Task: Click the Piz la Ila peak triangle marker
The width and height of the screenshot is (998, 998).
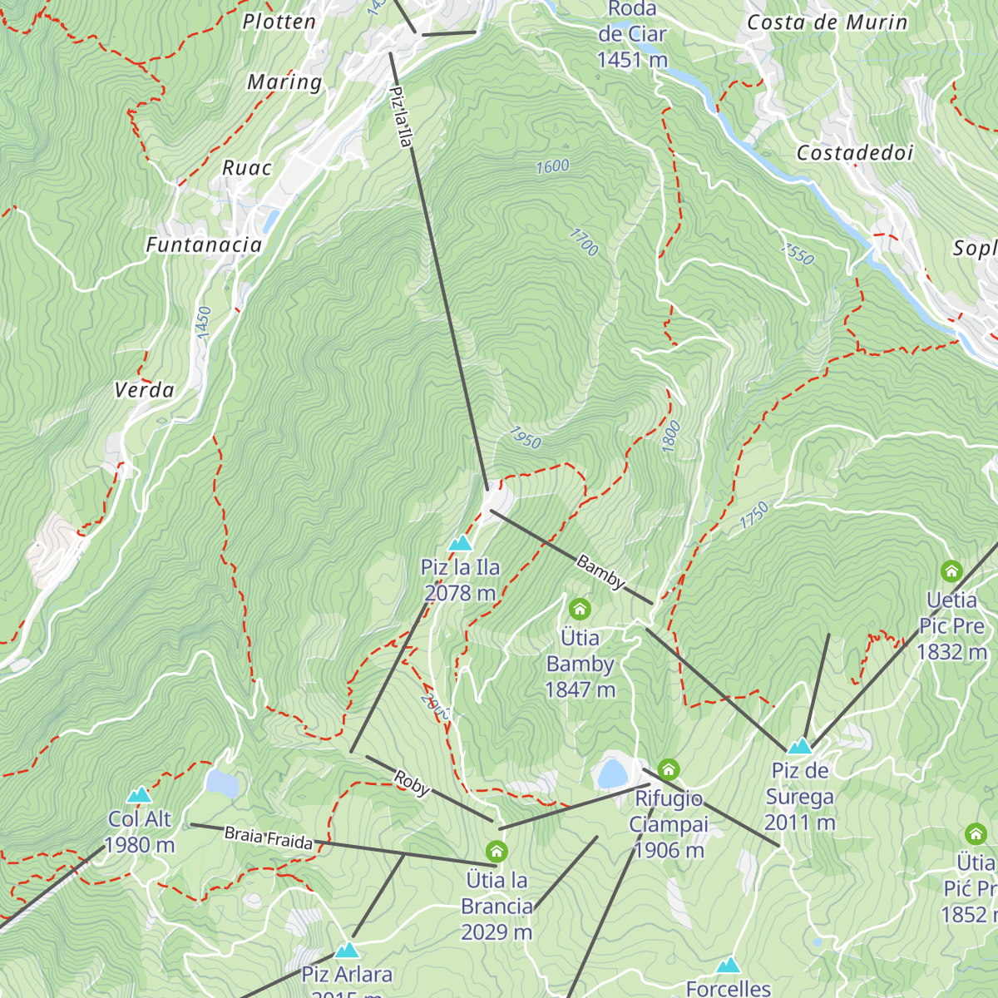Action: click(x=460, y=544)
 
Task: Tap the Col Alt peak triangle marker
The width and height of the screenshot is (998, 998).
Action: click(x=139, y=795)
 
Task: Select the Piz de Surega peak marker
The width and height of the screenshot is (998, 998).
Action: click(x=799, y=746)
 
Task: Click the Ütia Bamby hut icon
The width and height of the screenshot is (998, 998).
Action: click(x=580, y=609)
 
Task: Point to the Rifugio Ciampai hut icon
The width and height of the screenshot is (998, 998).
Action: click(x=668, y=769)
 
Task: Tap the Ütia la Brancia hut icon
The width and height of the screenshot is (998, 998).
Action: click(x=497, y=852)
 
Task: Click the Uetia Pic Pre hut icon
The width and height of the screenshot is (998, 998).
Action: click(x=951, y=571)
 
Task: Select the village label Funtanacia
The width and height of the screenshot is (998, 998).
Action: click(x=204, y=245)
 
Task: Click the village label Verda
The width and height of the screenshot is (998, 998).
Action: click(x=144, y=390)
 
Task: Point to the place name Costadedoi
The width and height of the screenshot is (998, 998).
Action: click(x=855, y=153)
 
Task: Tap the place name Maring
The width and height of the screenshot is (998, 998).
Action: click(x=284, y=82)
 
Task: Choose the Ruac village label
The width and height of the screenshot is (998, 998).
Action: click(x=247, y=168)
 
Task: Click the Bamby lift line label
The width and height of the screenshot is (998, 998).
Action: click(x=600, y=573)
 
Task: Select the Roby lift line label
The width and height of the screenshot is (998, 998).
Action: click(x=412, y=783)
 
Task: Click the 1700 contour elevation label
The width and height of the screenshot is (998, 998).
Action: click(x=584, y=242)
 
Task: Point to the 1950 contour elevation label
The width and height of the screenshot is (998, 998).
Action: click(x=525, y=437)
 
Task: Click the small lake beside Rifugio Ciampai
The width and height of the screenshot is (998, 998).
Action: click(x=612, y=773)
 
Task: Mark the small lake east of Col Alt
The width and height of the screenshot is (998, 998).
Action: click(x=222, y=783)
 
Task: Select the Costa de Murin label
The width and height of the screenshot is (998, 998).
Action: click(x=827, y=22)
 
